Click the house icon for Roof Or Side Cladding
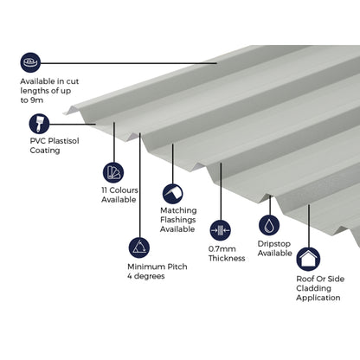click(x=307, y=259)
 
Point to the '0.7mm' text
click(x=222, y=248)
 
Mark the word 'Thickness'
click(x=227, y=259)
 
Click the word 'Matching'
click(x=178, y=210)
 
